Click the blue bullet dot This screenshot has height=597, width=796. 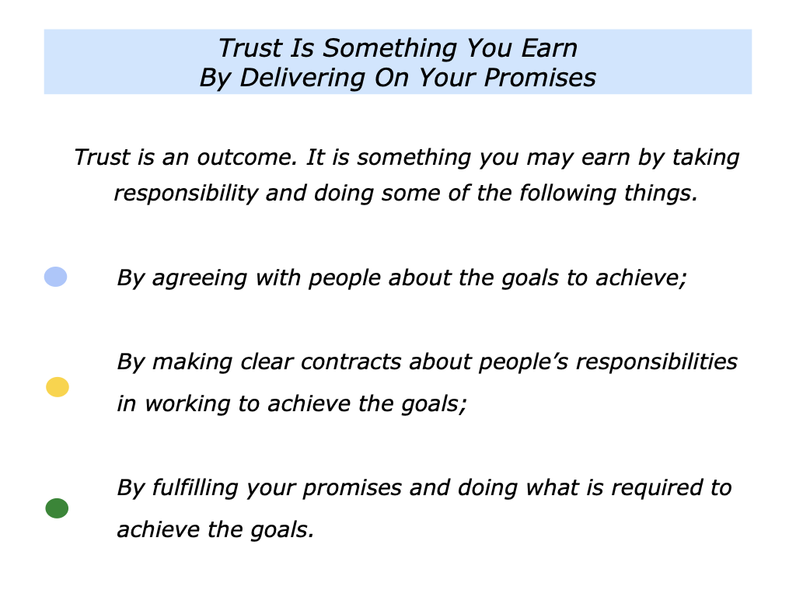[x=55, y=276]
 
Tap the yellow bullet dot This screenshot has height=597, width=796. [x=58, y=386]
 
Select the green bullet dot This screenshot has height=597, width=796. [x=57, y=508]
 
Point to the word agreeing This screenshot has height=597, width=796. [x=197, y=278]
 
